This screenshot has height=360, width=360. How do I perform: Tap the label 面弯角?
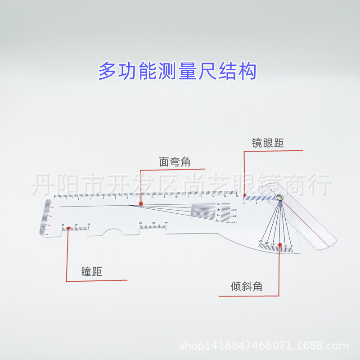[x=175, y=162]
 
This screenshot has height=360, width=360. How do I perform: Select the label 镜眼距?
[x=268, y=143]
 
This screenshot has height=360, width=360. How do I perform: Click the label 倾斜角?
[x=247, y=286]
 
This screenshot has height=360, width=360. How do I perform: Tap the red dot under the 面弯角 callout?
[x=141, y=204]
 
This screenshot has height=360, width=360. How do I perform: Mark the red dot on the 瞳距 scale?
[x=68, y=228]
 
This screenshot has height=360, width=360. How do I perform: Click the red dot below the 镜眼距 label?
[x=244, y=196]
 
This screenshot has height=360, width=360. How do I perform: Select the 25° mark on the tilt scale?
[x=261, y=242]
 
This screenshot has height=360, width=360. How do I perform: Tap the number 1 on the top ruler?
[x=66, y=199]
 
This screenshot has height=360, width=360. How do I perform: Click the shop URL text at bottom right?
[x=264, y=346]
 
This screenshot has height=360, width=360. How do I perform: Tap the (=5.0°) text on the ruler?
[x=234, y=210]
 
